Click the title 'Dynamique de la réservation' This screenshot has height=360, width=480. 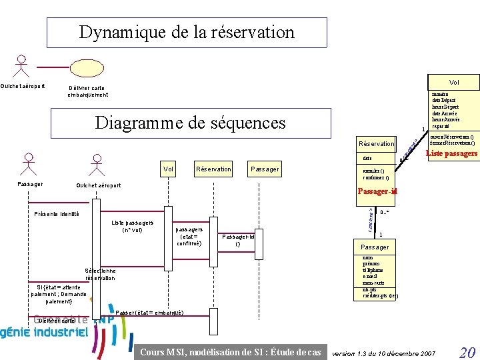click(187, 32)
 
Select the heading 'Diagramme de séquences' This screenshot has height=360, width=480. click(190, 123)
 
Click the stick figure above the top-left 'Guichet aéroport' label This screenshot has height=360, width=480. click(23, 66)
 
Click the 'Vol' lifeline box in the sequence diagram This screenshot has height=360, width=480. click(169, 169)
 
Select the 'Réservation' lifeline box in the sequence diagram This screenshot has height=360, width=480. click(213, 169)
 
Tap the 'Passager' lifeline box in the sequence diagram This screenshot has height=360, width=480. click(264, 169)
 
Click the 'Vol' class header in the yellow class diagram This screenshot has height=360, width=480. click(453, 83)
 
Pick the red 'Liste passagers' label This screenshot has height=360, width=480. click(451, 154)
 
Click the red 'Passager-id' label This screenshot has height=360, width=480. click(377, 192)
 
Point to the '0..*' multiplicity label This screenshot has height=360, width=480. click(384, 213)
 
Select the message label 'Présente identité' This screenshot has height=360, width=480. click(56, 214)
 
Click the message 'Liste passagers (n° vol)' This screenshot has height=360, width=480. click(133, 226)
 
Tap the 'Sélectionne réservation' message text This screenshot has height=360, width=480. click(100, 274)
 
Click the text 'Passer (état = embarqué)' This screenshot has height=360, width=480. click(149, 313)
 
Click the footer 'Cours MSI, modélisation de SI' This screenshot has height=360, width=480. click(231, 352)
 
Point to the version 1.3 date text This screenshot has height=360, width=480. click(383, 352)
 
